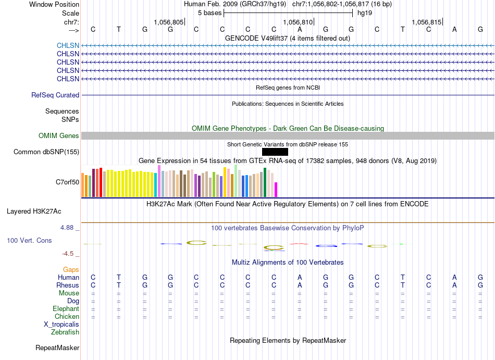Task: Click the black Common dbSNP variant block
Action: (275, 152)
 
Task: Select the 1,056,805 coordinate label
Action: (169, 22)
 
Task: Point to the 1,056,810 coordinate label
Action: (298, 22)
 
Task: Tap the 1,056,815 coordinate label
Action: (427, 22)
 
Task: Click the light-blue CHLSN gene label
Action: (68, 46)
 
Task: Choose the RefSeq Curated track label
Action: (55, 95)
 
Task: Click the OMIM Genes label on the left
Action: (59, 135)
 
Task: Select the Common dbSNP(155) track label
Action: (46, 152)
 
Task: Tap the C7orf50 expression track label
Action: (68, 182)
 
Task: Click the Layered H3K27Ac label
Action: (34, 212)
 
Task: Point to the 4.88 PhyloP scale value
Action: (67, 228)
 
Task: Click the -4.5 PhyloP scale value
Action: (68, 254)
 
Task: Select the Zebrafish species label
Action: (65, 332)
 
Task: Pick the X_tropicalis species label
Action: (61, 325)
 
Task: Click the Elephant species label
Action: (66, 308)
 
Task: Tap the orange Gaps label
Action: (71, 269)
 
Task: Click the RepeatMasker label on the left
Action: (57, 347)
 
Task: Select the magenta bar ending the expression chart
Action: (276, 190)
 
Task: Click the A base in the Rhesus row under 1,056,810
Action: (300, 285)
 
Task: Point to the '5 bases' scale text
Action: (210, 13)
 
